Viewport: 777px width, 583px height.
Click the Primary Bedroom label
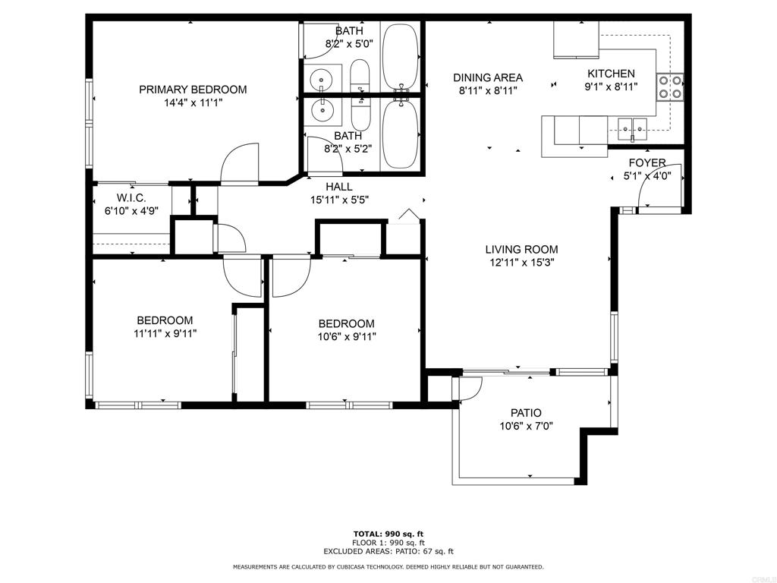193,90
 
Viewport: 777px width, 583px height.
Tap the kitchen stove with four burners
670,87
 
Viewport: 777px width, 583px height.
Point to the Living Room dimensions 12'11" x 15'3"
522,263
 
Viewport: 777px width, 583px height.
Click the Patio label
526,412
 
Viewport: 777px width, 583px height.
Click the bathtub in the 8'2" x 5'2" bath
401,134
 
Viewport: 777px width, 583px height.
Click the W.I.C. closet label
131,198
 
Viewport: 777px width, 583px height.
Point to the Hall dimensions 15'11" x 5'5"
339,200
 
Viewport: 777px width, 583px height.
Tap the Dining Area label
488,78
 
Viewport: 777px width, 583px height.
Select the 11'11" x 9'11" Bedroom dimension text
165,334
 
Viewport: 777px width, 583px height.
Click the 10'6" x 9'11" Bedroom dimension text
346,337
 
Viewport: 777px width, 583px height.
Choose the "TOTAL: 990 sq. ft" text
388,534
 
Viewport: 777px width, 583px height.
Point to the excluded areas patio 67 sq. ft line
388,551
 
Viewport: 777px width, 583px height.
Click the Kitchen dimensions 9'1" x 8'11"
611,87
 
